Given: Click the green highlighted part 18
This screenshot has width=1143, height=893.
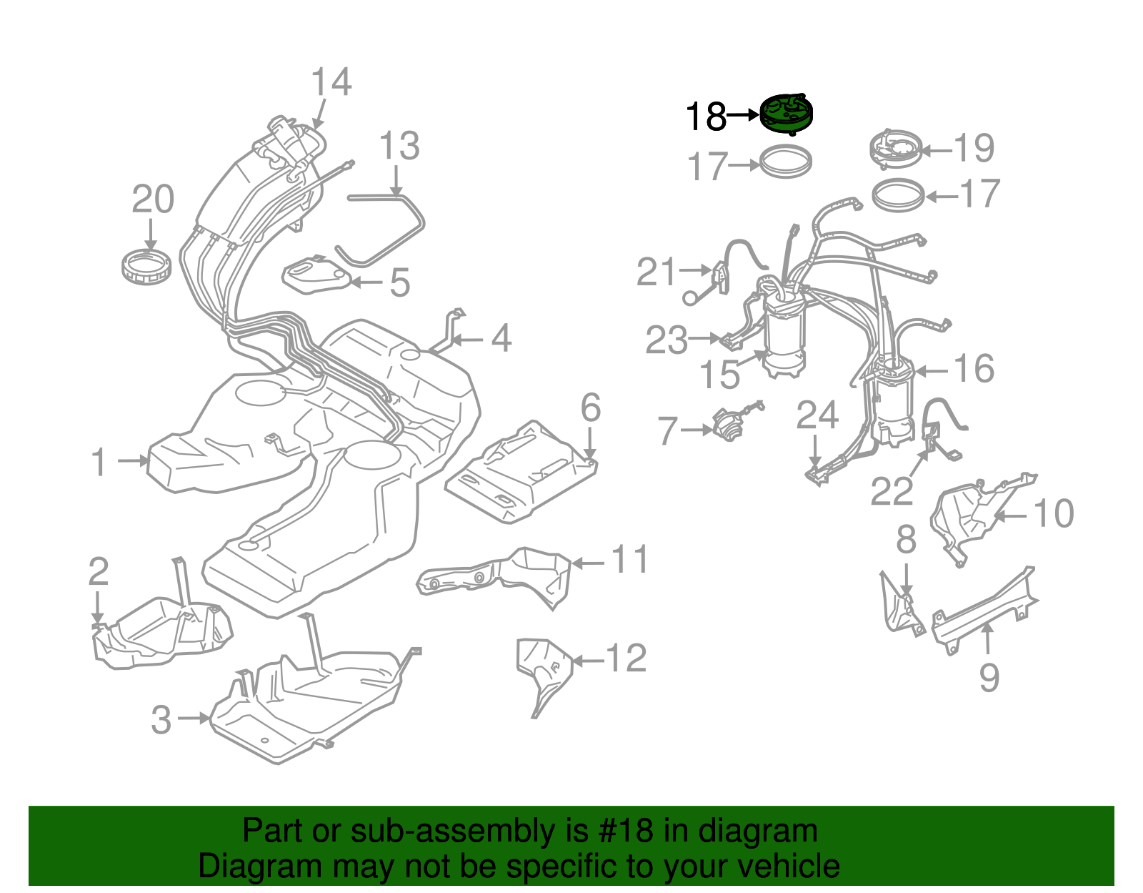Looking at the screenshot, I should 786,114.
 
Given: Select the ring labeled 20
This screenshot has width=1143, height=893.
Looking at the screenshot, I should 146,266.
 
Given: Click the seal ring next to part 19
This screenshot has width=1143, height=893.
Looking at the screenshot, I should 899,195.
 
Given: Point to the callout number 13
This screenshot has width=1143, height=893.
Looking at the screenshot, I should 399,146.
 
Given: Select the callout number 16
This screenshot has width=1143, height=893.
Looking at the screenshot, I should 974,369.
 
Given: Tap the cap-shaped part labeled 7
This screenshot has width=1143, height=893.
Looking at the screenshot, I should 729,428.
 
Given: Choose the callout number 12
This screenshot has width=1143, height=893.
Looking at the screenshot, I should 626,658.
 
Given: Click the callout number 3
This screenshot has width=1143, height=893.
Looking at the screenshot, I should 161,719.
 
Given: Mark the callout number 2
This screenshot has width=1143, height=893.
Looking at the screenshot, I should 99,571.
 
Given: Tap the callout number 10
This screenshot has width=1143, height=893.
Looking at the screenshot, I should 1053,513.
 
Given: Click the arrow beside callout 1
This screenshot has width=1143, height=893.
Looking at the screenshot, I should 132,461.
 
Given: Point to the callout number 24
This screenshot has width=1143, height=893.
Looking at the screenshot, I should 817,415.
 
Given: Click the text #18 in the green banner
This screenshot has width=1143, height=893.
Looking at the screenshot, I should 622,831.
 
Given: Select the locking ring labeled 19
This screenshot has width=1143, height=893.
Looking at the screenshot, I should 895,149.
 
